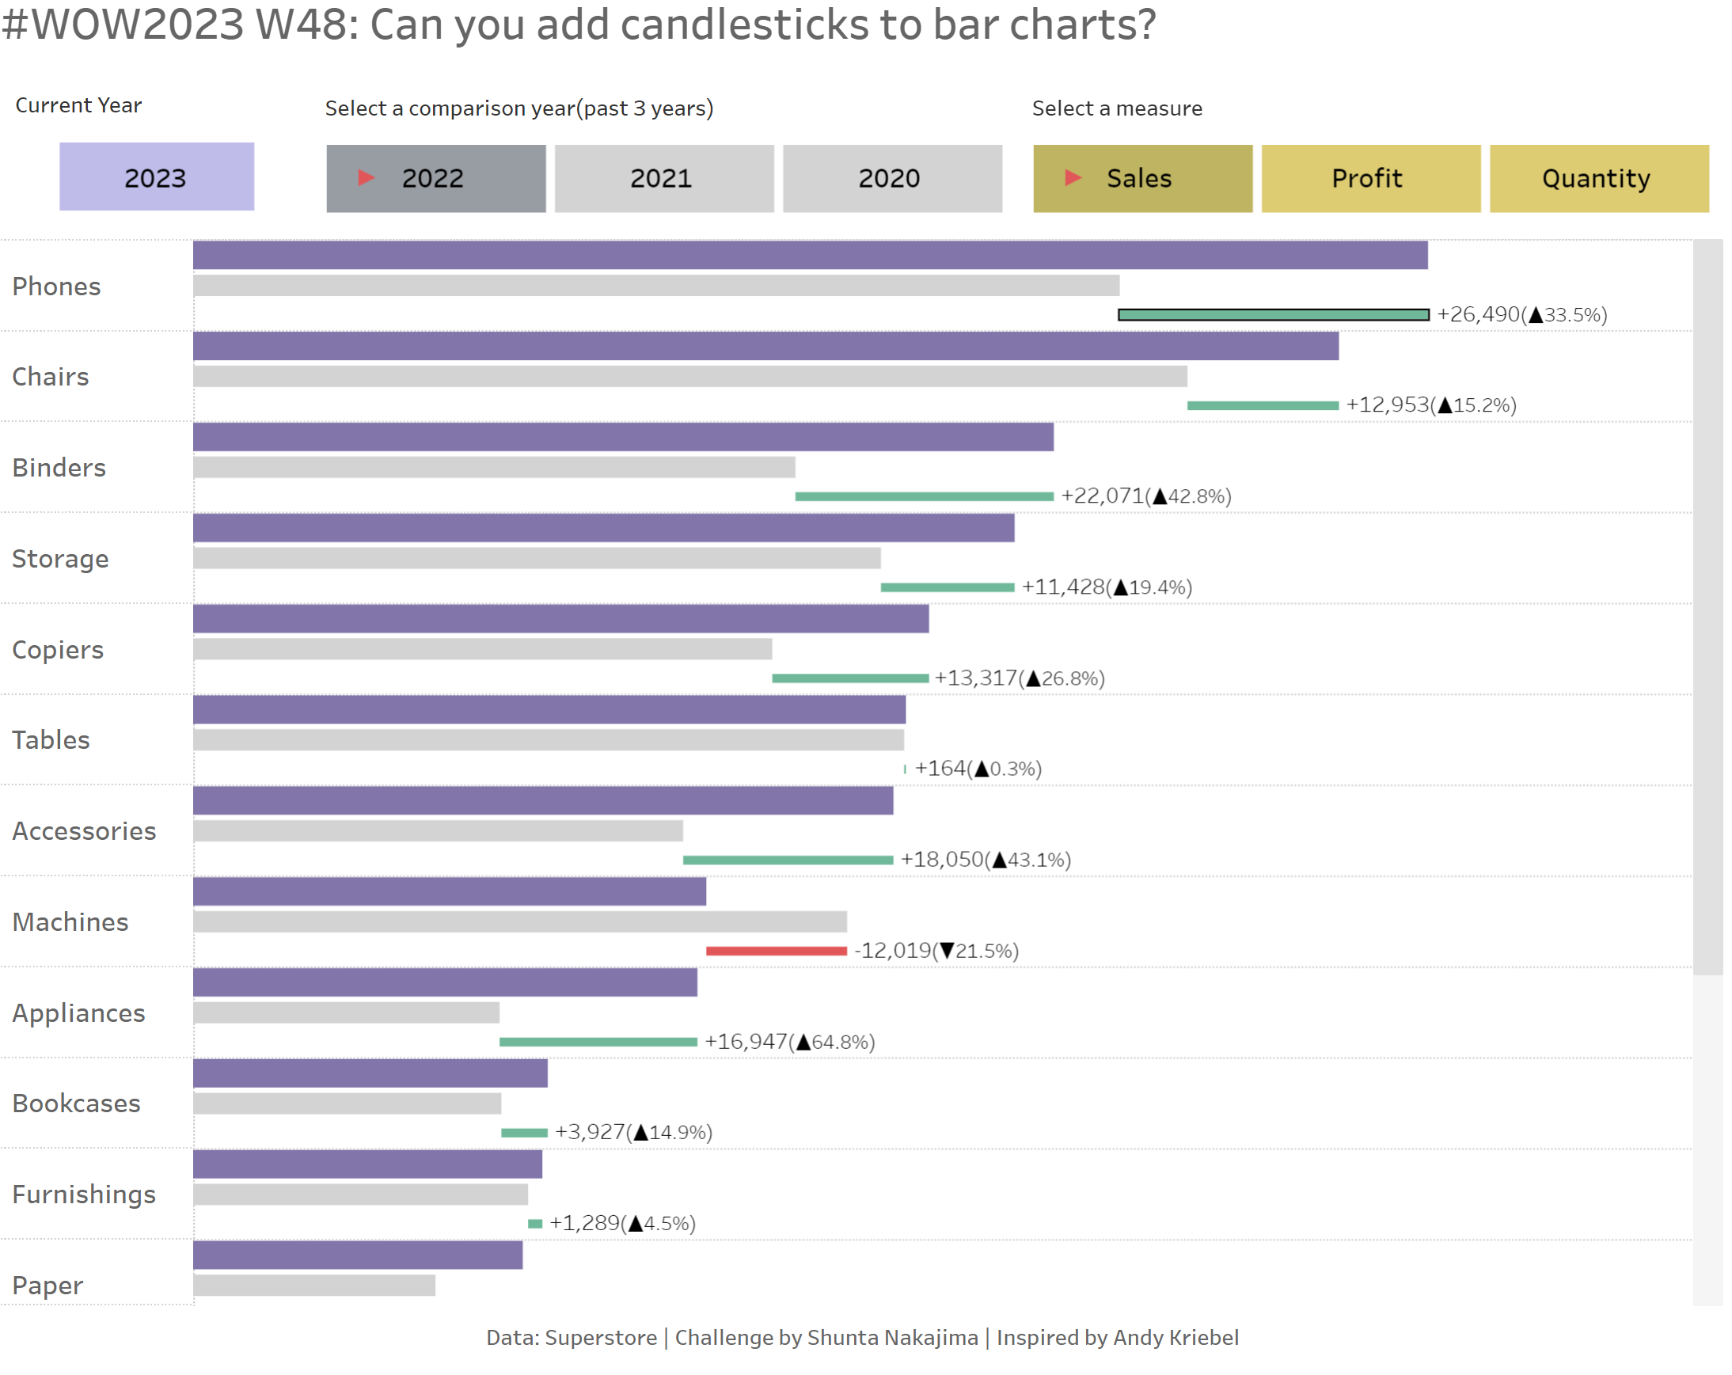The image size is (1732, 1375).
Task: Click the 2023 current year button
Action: pyautogui.click(x=157, y=177)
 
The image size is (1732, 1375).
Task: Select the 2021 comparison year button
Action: pyautogui.click(x=663, y=178)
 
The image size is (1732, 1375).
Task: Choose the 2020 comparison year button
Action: pyautogui.click(x=891, y=178)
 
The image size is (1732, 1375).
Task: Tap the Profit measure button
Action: pyautogui.click(x=1370, y=178)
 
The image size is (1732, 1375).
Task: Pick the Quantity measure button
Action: pyautogui.click(x=1599, y=178)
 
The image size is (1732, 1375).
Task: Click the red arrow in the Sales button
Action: pyautogui.click(x=1073, y=177)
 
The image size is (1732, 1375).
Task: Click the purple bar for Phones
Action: pyautogui.click(x=810, y=256)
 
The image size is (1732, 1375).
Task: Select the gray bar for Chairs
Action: pyautogui.click(x=689, y=377)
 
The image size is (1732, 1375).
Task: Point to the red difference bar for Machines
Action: pyautogui.click(x=776, y=951)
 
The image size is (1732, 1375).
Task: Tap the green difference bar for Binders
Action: pyautogui.click(x=924, y=497)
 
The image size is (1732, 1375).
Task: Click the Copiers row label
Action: pyautogui.click(x=58, y=650)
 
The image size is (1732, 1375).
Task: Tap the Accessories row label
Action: pyautogui.click(x=85, y=831)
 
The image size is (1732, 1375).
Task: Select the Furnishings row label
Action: pyautogui.click(x=85, y=1195)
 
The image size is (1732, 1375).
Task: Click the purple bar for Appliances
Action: pyautogui.click(x=445, y=983)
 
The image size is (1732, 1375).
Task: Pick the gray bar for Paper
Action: pyautogui.click(x=314, y=1286)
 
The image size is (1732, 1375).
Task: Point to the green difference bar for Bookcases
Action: pyautogui.click(x=524, y=1134)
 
